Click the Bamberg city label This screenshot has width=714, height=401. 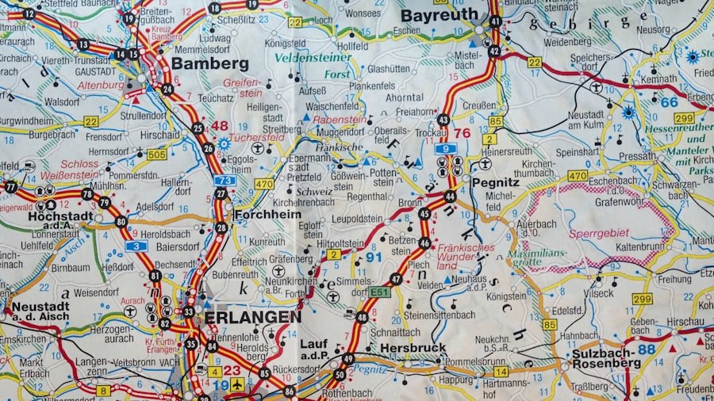[209, 63]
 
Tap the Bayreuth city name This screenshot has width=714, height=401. [440, 15]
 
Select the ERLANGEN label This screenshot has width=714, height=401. [252, 317]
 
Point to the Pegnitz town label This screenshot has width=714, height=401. [494, 181]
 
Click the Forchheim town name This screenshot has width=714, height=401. [266, 214]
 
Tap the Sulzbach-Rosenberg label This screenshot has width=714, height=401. [606, 357]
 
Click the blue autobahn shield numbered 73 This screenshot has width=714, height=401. [225, 181]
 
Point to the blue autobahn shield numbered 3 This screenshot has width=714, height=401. [136, 246]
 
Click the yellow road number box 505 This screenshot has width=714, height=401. [156, 154]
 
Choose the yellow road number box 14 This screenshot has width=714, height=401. [501, 371]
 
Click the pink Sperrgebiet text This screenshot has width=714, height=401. [598, 233]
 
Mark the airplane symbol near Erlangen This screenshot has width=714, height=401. [236, 384]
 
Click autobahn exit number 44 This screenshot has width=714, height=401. [450, 196]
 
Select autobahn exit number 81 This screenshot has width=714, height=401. [155, 276]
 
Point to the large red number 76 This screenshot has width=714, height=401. [463, 132]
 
